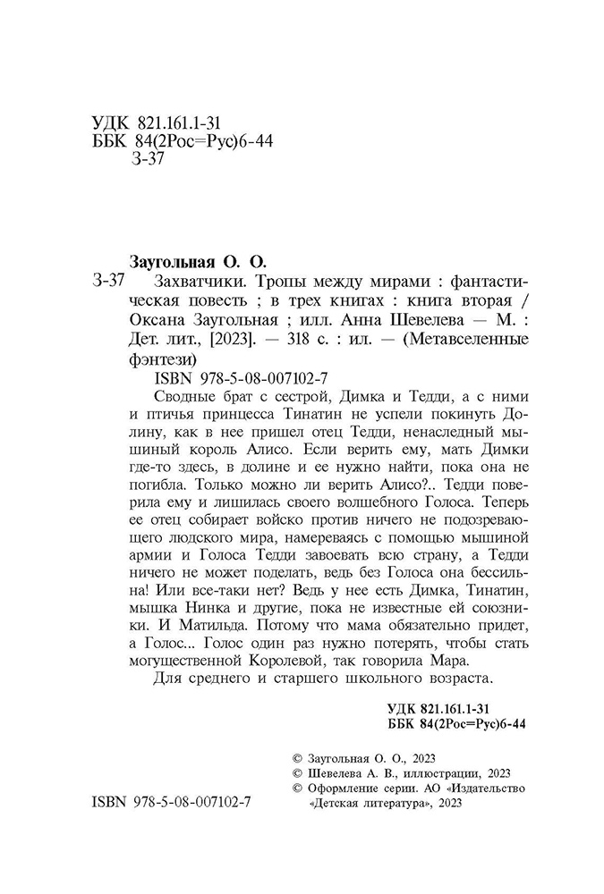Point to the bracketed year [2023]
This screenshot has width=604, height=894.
click(234, 340)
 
